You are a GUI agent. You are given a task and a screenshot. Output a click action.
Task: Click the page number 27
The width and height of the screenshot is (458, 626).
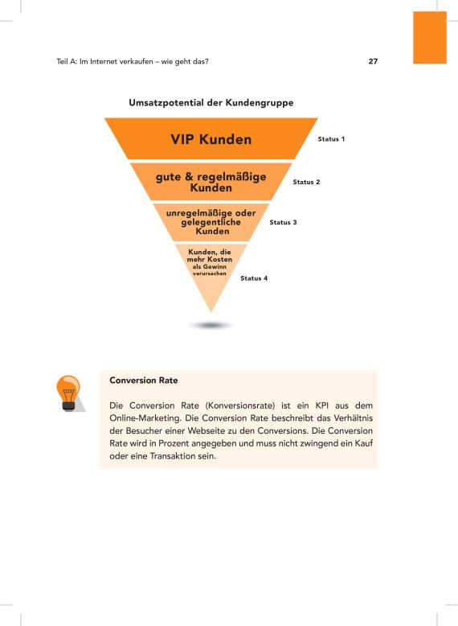tap(373, 61)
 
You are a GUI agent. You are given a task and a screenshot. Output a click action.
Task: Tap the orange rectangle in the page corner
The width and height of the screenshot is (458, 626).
tap(430, 38)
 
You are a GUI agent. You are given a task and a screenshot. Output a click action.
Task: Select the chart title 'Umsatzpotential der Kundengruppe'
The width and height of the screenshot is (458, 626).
tap(211, 103)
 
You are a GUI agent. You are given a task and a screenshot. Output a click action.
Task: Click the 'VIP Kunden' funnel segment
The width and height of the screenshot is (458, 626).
tap(211, 138)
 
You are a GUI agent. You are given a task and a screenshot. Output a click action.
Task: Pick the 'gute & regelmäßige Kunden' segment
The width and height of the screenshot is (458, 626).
tap(211, 182)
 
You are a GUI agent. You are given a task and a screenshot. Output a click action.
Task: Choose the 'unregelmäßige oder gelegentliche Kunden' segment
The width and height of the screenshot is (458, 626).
tap(211, 222)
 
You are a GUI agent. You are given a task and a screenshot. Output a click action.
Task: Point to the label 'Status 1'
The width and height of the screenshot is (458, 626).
tap(331, 139)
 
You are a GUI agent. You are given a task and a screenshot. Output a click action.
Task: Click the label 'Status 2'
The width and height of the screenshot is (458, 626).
tap(306, 182)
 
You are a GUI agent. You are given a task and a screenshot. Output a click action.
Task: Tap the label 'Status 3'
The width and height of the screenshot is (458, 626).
tap(283, 222)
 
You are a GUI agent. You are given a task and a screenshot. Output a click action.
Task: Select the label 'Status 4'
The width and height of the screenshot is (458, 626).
tap(254, 278)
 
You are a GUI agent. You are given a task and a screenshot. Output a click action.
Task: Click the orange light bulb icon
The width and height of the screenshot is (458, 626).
tap(69, 393)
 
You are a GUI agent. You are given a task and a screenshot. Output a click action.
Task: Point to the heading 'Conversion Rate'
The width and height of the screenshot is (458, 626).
tap(144, 381)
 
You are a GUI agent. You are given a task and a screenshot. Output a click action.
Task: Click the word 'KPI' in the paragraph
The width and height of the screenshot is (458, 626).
tap(322, 406)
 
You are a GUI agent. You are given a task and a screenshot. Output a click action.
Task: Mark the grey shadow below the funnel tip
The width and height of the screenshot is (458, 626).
tap(211, 325)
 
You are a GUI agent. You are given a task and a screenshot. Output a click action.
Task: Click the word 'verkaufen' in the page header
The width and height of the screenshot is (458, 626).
tap(137, 61)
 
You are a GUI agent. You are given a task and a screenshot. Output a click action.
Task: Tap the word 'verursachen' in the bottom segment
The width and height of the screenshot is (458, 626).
tap(210, 274)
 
